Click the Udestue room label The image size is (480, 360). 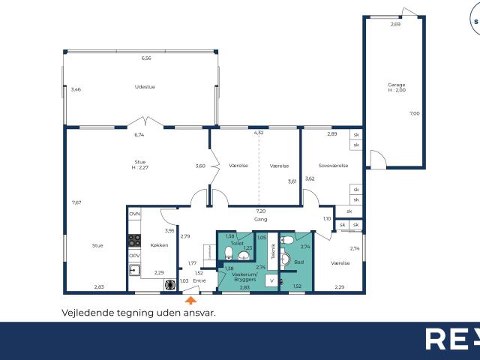[145, 86]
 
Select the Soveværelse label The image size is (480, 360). [333, 166]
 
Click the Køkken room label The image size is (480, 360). [159, 245]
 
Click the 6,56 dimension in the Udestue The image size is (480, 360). [146, 58]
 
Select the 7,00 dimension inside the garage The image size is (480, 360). [414, 113]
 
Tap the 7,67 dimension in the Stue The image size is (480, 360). [76, 202]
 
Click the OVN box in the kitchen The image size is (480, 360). [134, 214]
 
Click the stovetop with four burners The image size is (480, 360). [134, 241]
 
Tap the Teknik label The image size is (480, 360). [273, 251]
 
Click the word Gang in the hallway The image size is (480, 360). [261, 220]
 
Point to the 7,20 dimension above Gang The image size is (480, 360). [261, 211]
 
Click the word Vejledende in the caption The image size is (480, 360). [85, 313]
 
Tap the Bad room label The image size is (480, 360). [298, 262]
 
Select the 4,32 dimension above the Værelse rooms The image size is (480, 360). [259, 133]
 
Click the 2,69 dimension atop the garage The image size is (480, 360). [395, 25]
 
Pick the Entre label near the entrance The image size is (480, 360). [199, 281]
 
